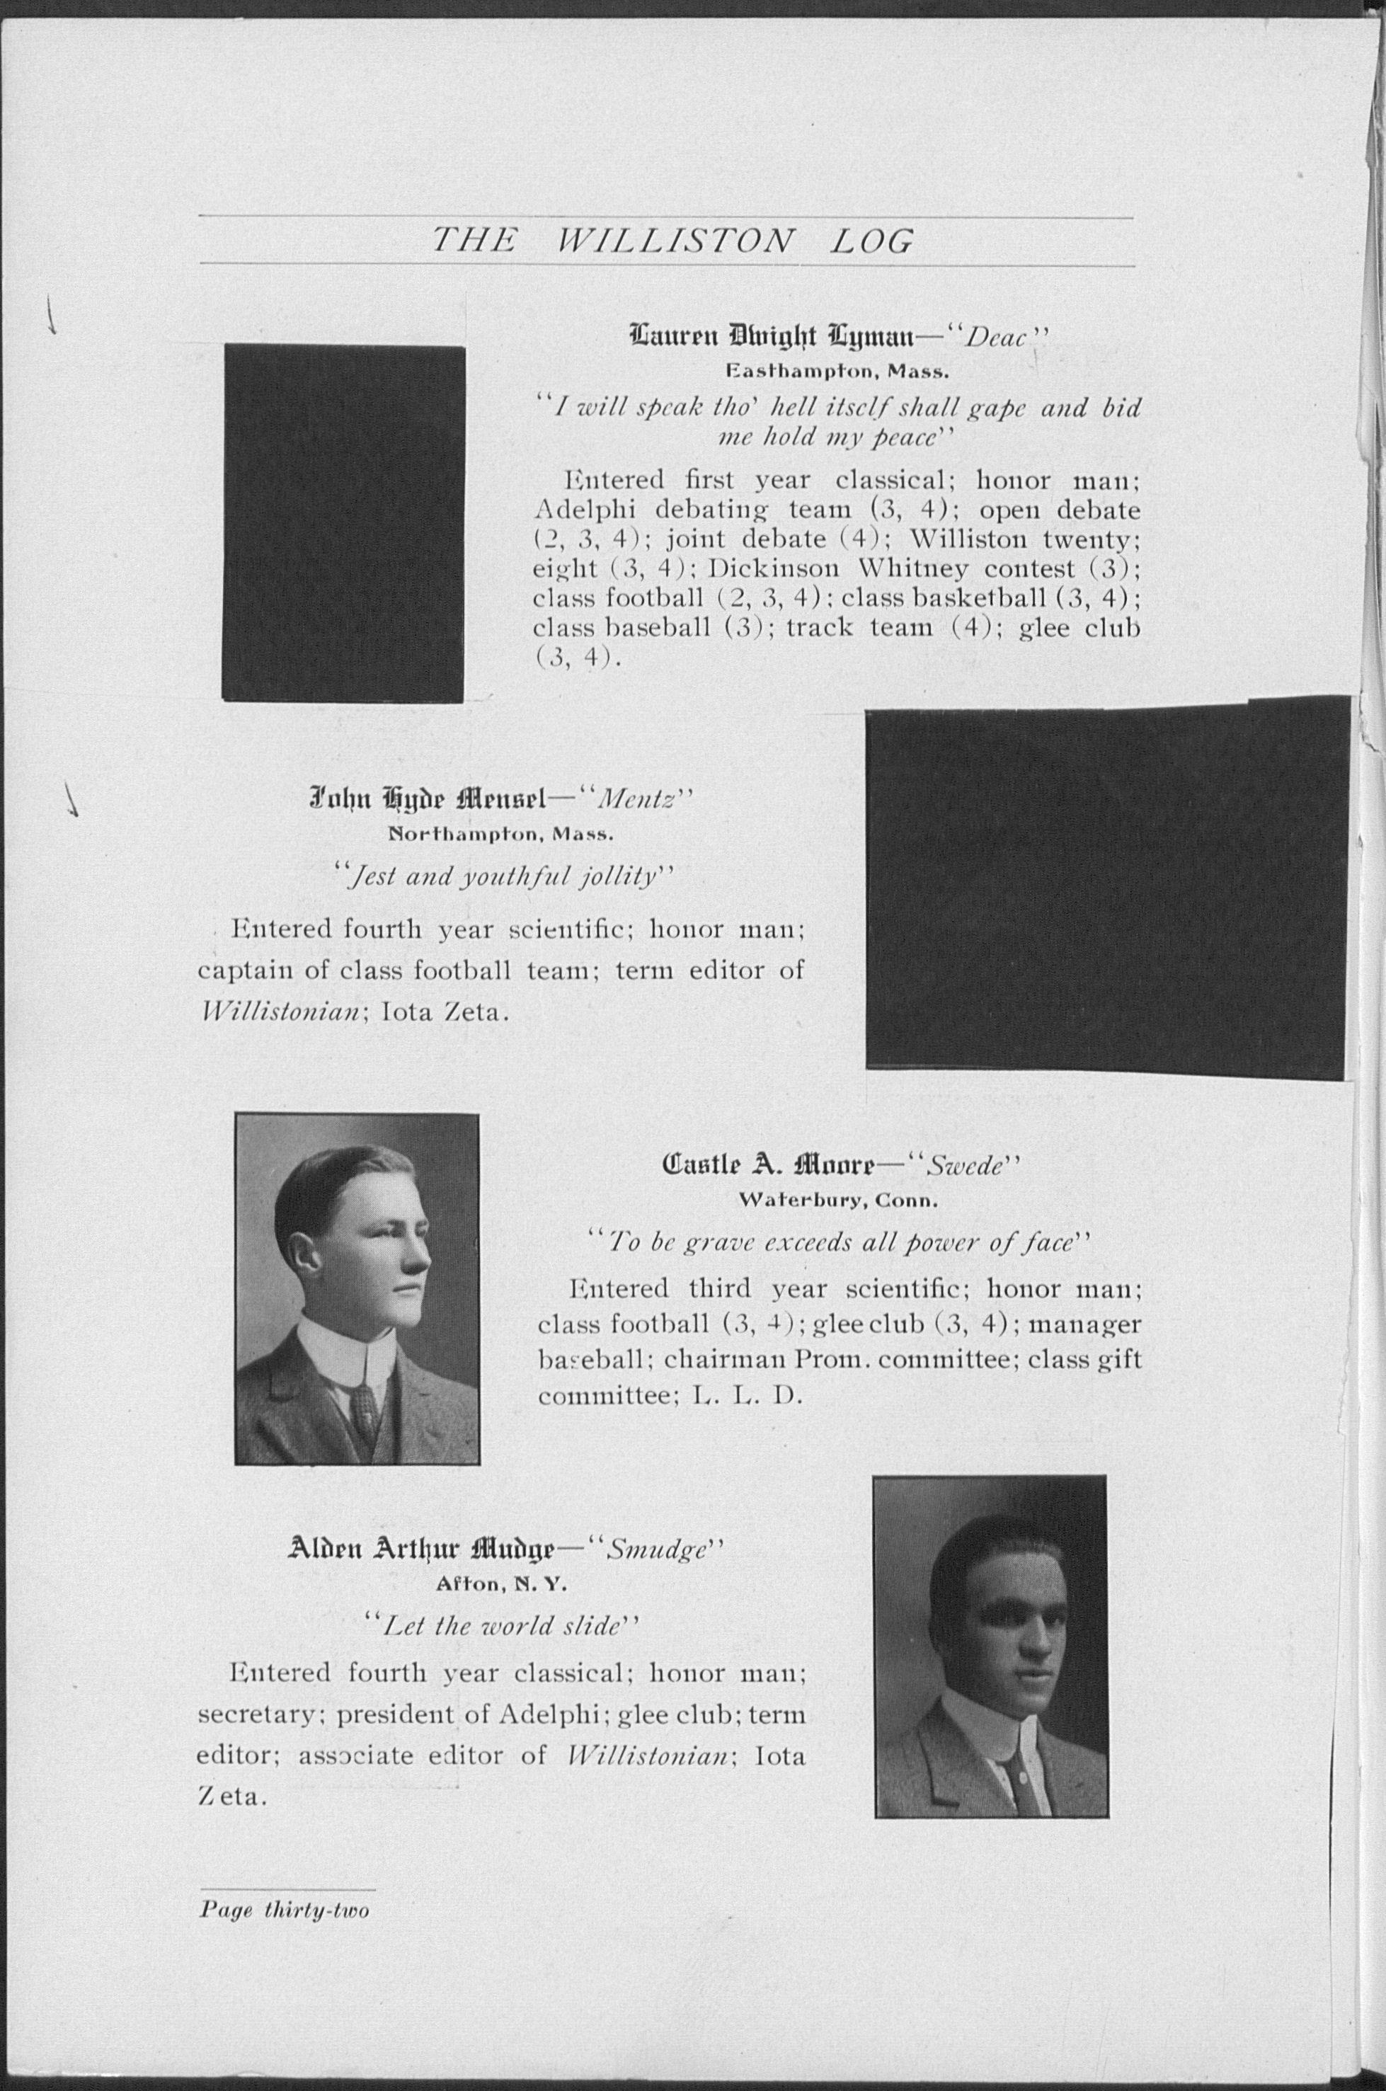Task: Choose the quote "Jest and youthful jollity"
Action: click(x=507, y=878)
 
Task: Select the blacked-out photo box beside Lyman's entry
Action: click(x=344, y=523)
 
